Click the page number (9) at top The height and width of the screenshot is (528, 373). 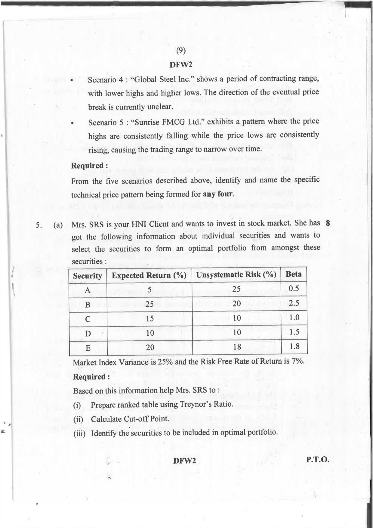181,51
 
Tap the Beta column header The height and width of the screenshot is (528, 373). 294,274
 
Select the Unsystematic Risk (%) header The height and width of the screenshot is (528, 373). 236,275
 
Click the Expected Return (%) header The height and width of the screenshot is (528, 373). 149,275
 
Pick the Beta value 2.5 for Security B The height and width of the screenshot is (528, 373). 294,303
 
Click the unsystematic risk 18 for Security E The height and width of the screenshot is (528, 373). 237,347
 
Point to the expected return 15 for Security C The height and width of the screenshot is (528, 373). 150,318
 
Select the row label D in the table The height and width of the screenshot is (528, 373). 88,334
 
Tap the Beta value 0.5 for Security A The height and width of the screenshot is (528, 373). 294,289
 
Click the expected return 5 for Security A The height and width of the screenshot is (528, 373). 149,290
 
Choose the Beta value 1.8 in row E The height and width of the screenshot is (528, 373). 294,346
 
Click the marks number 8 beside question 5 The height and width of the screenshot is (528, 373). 328,223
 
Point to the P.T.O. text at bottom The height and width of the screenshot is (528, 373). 318,460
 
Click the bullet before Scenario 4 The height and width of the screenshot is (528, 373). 72,80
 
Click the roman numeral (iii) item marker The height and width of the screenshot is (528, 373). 79,433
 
